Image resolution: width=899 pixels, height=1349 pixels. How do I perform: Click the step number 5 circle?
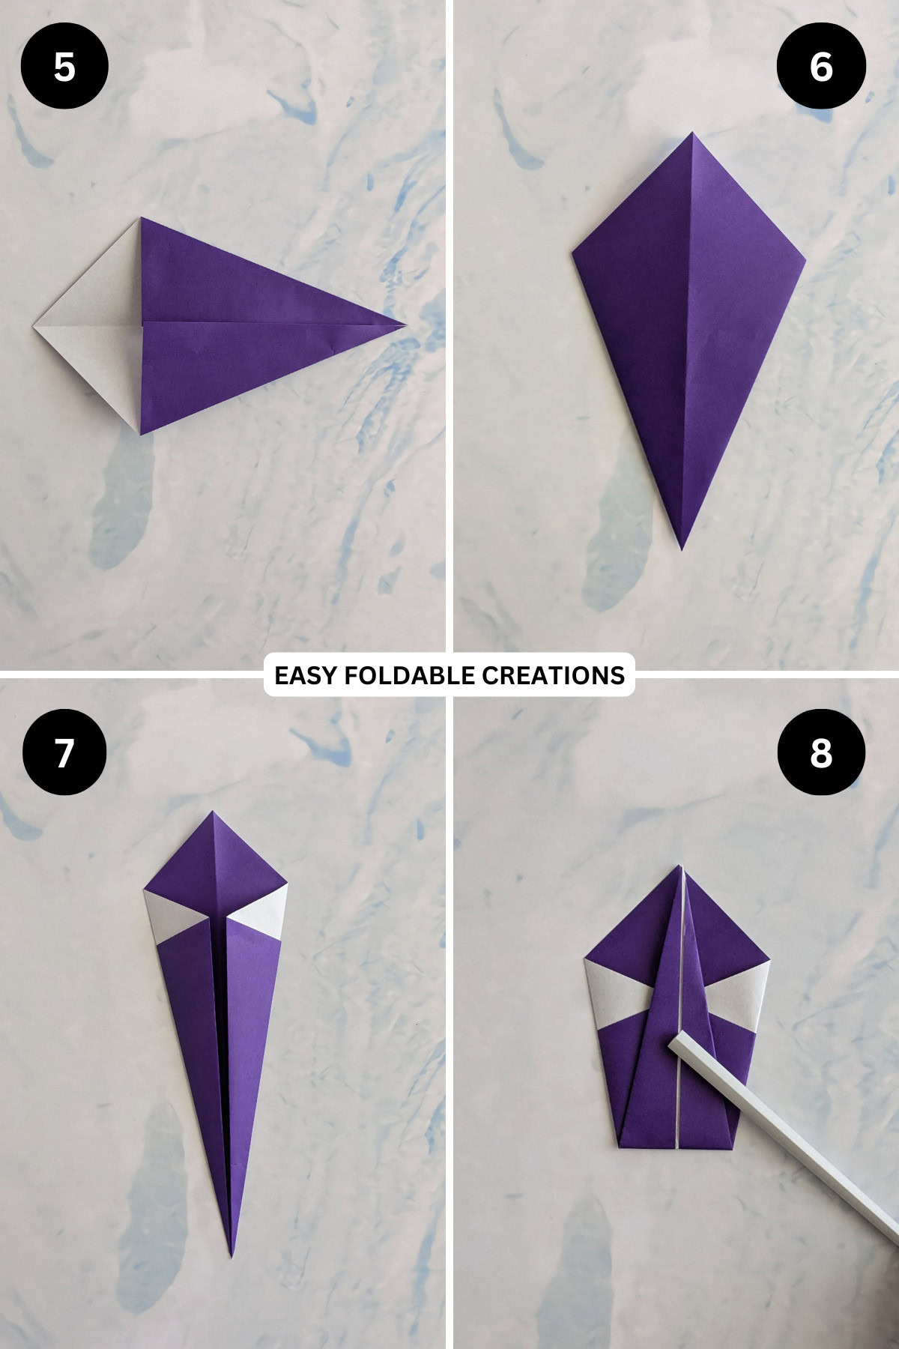(64, 67)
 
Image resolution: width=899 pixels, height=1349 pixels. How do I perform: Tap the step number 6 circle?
(821, 67)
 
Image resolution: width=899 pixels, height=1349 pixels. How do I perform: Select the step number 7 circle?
(64, 752)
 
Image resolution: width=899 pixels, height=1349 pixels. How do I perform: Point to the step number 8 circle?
(821, 752)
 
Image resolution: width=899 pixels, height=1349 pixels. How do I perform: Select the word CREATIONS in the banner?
(553, 675)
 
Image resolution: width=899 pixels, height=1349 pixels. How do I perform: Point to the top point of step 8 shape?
(682, 867)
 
